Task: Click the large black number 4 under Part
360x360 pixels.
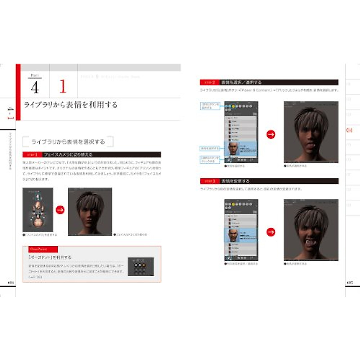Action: (35, 87)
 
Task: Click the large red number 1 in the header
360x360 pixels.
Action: (63, 86)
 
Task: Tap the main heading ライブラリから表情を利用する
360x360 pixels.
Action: (70, 105)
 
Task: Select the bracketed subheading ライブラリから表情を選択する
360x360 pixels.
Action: (68, 142)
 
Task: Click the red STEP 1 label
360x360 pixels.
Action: (32, 155)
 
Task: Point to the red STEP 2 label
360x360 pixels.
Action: (209, 82)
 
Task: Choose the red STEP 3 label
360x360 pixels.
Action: (210, 181)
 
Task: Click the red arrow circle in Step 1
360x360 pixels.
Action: (60, 210)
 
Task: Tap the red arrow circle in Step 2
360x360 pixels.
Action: (271, 134)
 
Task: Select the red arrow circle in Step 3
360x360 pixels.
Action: (271, 232)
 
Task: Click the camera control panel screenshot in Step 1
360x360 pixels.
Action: (38, 210)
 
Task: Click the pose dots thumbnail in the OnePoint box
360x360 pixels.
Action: (141, 266)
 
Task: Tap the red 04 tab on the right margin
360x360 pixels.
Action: (349, 130)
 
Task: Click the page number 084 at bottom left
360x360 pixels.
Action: (11, 283)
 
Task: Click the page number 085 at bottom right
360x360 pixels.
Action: (350, 283)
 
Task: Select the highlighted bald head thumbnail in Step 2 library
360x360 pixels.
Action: (233, 148)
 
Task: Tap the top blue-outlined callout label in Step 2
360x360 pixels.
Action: (210, 106)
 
